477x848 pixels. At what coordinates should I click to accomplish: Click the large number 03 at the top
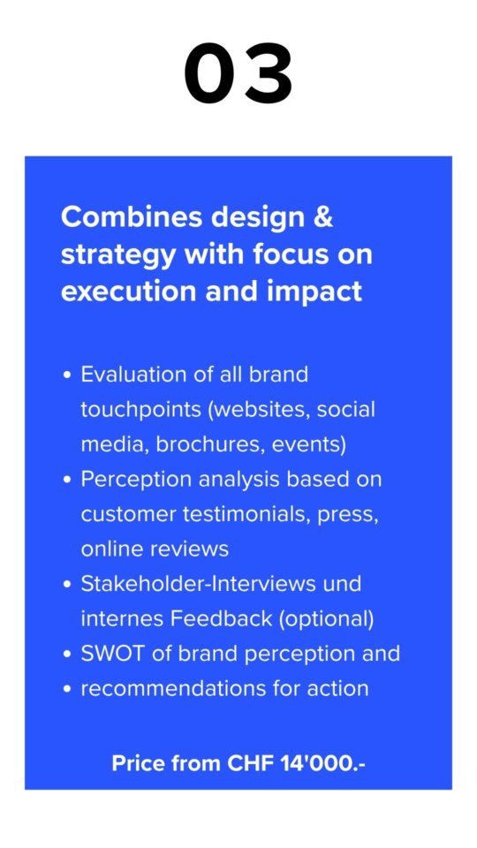pos(238,73)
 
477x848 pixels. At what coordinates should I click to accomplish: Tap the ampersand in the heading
pos(323,217)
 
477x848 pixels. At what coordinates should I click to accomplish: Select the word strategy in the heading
pos(118,255)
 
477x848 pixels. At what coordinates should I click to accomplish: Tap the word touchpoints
pos(140,410)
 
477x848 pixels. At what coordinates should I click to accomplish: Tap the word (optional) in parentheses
pos(326,620)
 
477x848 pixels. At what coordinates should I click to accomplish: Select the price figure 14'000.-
pos(322,763)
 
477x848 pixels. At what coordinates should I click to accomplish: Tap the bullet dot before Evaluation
pos(67,375)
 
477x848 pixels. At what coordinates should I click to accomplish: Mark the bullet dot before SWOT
pos(67,655)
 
